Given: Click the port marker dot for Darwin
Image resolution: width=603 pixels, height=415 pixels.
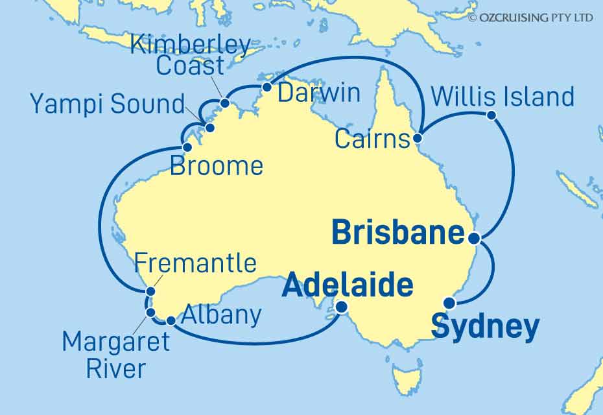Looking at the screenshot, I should tap(266, 87).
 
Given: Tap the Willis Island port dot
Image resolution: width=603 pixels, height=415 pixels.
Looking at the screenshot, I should tap(491, 116).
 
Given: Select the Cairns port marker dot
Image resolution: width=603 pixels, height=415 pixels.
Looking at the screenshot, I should tap(418, 138).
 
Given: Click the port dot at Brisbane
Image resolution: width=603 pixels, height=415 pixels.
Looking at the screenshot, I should tap(474, 238).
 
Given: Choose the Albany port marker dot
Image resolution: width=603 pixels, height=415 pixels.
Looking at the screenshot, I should tap(171, 320).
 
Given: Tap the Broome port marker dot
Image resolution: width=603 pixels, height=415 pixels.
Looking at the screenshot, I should tap(188, 147).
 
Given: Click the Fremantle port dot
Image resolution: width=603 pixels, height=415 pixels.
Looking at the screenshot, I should tap(150, 291).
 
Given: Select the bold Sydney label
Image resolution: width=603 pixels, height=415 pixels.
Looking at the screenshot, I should tap(485, 327).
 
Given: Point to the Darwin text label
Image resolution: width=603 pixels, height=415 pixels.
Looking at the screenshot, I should tap(318, 93).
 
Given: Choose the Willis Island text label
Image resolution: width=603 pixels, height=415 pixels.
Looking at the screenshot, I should tap(503, 97).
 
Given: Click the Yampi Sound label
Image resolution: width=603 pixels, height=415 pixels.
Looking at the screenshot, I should tap(108, 104).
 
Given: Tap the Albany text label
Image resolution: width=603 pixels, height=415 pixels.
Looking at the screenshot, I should tap(222, 315).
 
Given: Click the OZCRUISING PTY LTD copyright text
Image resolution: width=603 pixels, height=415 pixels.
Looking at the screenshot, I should tap(530, 18).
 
